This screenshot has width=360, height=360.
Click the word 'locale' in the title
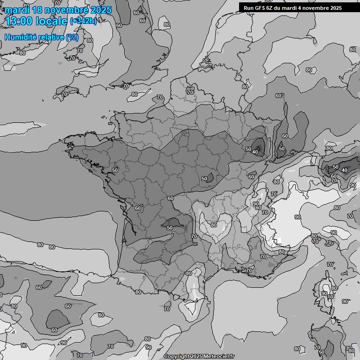pyautogui.click(x=50, y=21)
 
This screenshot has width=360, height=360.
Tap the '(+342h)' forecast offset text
pyautogui.click(x=83, y=21)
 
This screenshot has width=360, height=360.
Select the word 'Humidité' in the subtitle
pyautogui.click(x=21, y=37)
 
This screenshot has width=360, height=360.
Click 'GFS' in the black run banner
pyautogui.click(x=262, y=7)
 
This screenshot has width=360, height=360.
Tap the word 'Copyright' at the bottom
pyautogui.click(x=176, y=357)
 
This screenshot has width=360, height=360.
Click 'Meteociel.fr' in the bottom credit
pyautogui.click(x=219, y=357)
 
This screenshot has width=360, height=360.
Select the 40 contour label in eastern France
pyautogui.click(x=255, y=152)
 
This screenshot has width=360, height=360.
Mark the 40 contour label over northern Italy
pyautogui.click(x=345, y=170)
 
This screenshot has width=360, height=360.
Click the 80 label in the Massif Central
pyautogui.click(x=214, y=225)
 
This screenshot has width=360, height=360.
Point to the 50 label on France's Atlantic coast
pyautogui.click(x=115, y=170)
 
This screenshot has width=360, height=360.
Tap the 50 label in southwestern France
pyautogui.click(x=170, y=228)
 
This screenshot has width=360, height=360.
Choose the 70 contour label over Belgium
pyautogui.click(x=190, y=92)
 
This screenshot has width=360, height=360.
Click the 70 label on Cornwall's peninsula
pyautogui.click(x=64, y=94)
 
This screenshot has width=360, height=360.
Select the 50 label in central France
pyautogui.click(x=204, y=179)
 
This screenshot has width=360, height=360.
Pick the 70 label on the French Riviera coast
pyautogui.click(x=249, y=270)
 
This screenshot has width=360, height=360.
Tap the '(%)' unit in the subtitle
pyautogui.click(x=72, y=37)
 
